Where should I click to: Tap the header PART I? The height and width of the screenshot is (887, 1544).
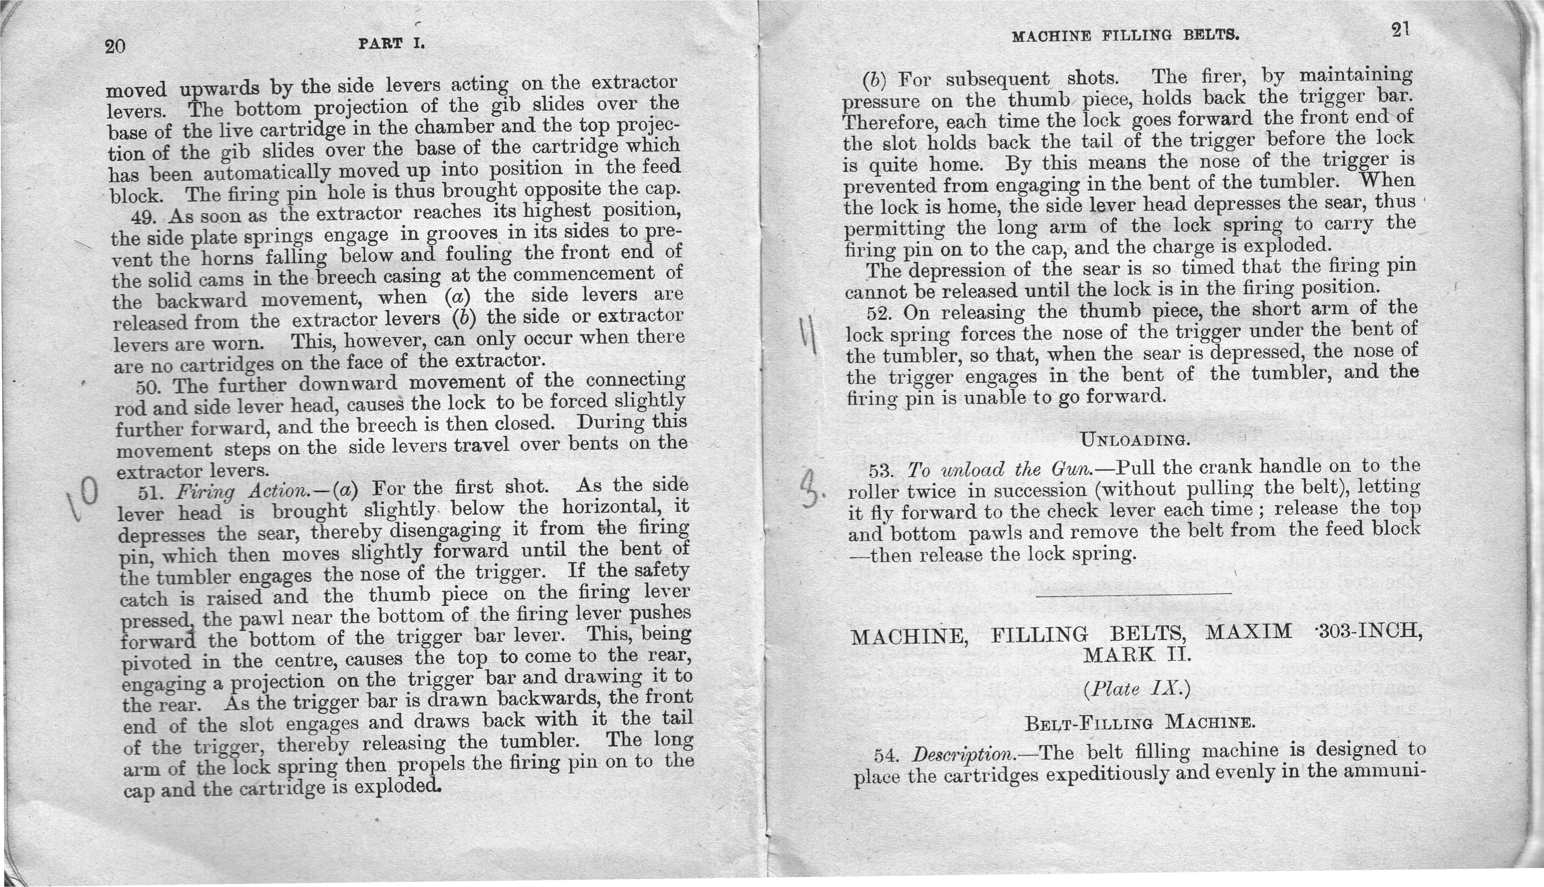coord(391,44)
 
